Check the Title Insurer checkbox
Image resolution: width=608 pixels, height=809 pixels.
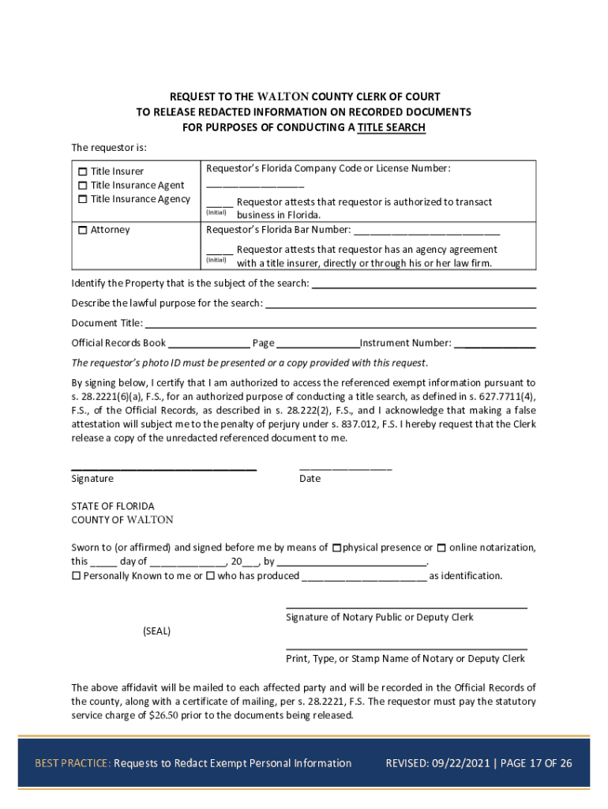[x=82, y=171]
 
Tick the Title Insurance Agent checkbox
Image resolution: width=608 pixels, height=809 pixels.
[x=82, y=186]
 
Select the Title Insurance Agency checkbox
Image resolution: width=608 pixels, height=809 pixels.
[x=82, y=199]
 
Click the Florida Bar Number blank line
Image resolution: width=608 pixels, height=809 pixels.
[x=426, y=234]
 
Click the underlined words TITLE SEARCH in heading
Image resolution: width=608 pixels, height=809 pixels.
[x=391, y=127]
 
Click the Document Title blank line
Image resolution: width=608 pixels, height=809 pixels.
[x=340, y=326]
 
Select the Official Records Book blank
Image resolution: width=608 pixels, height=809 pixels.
[x=208, y=347]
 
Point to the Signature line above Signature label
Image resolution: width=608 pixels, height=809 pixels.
[x=163, y=468]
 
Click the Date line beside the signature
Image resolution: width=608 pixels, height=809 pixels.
[x=345, y=468]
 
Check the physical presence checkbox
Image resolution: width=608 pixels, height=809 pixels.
[x=337, y=547]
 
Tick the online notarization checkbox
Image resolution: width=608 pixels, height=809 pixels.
[x=442, y=547]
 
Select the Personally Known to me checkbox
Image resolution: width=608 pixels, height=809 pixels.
[x=76, y=576]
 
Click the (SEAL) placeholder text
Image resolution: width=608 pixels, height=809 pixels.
[x=156, y=631]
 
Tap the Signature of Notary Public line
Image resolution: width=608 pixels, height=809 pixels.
[x=406, y=607]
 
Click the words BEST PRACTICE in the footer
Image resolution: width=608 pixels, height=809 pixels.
[x=72, y=763]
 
